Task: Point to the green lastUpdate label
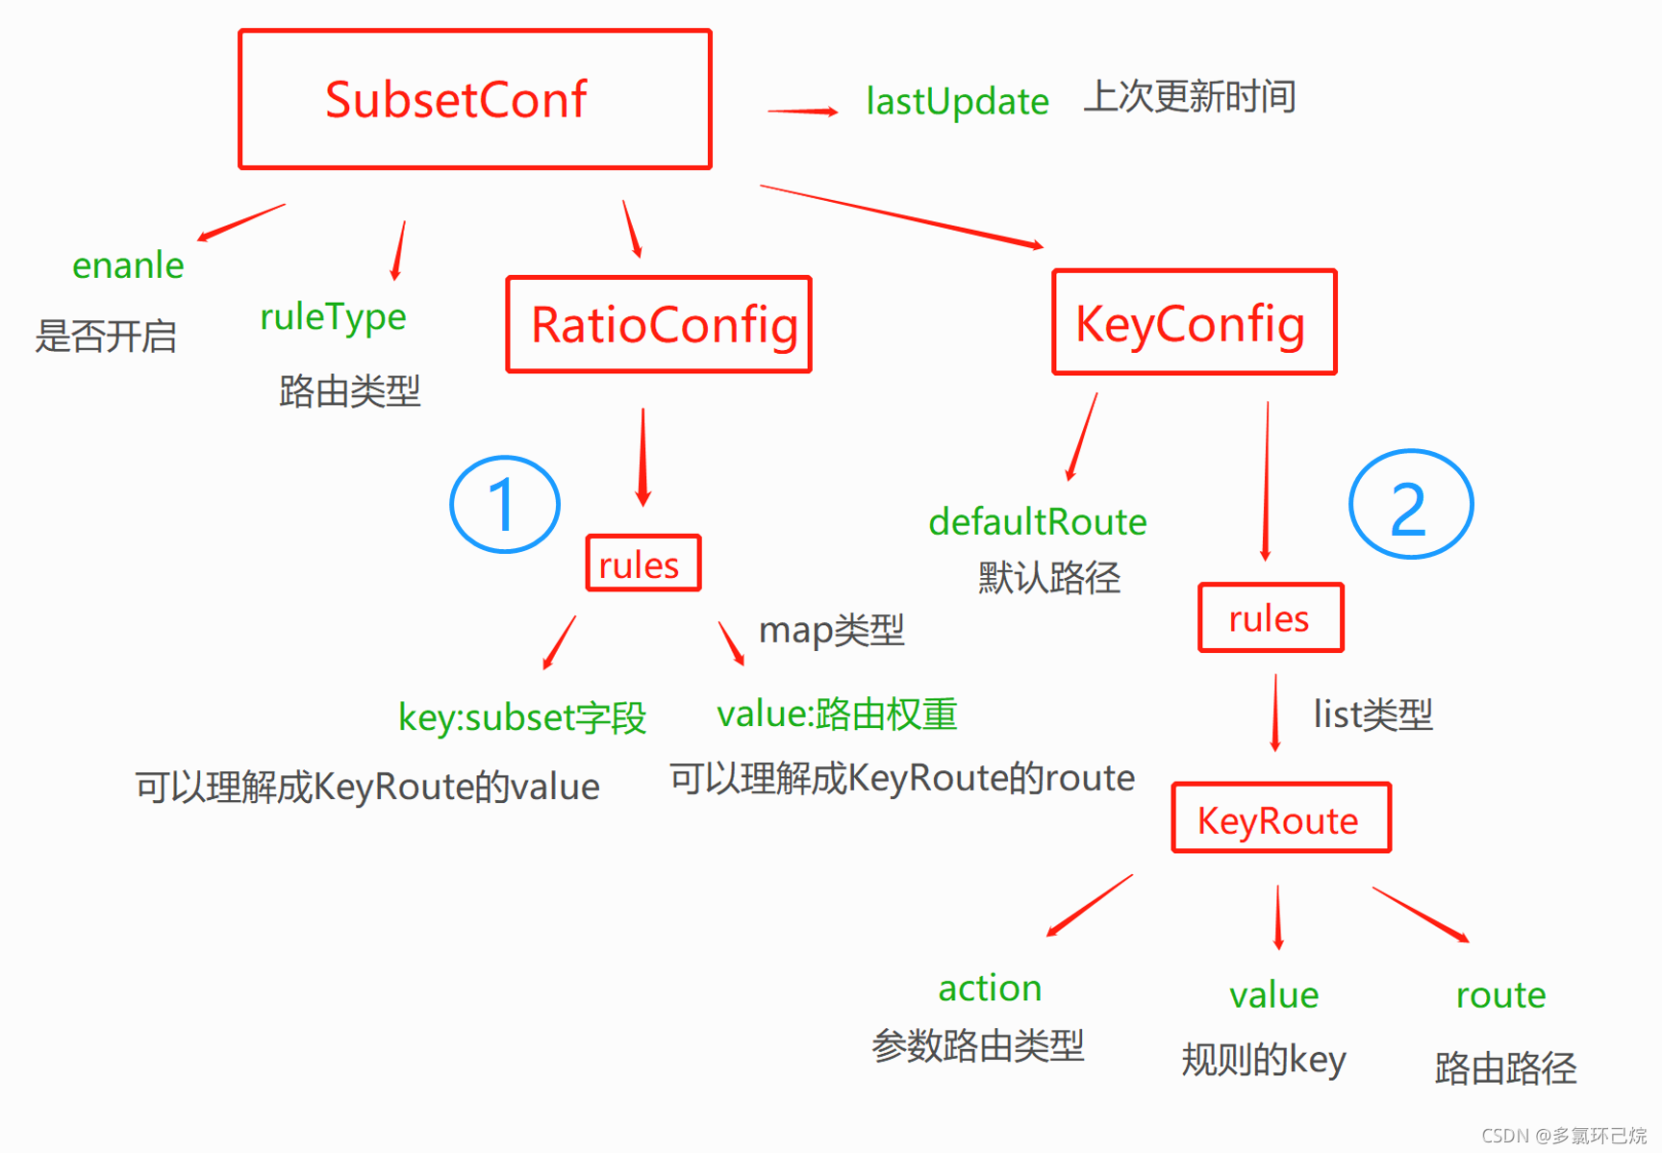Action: (x=957, y=101)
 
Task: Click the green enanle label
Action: (x=128, y=264)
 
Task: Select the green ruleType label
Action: (x=333, y=316)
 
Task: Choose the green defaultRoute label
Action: (x=1038, y=521)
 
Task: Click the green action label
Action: (x=990, y=988)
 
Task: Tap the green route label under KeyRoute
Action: (x=1500, y=994)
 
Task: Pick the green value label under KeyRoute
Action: (x=1273, y=994)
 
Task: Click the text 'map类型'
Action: (x=832, y=630)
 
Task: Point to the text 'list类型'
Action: (x=1373, y=714)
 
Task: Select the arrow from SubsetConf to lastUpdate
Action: (x=803, y=112)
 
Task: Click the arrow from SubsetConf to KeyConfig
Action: (x=902, y=216)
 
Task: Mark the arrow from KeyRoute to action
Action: (x=1090, y=905)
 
